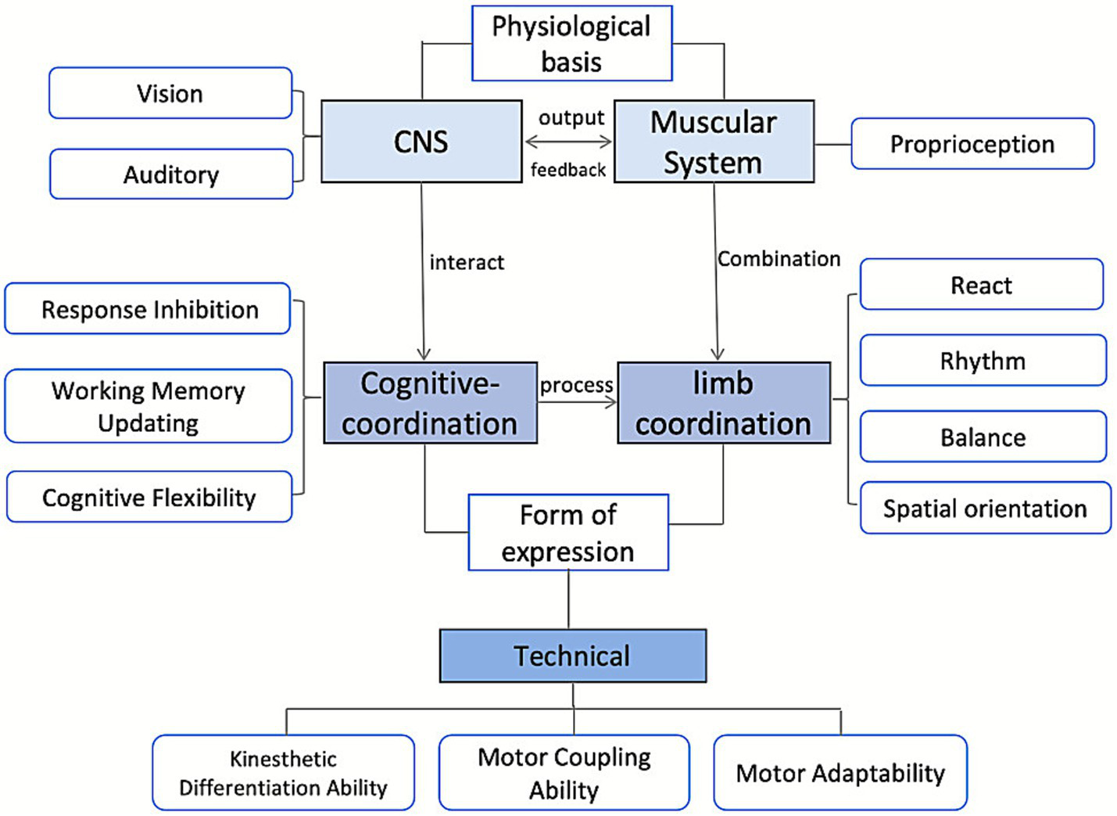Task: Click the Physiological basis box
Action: (571, 44)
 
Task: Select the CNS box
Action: (421, 142)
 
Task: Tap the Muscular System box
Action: (714, 142)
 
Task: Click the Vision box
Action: (170, 93)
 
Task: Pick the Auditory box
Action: (171, 174)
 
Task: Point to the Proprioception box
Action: (972, 144)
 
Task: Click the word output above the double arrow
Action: (571, 118)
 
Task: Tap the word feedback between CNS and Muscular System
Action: (568, 170)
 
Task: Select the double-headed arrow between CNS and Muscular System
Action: (568, 142)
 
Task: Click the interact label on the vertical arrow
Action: (467, 262)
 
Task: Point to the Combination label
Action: (779, 259)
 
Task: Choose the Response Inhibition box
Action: (149, 310)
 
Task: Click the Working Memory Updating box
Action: (149, 406)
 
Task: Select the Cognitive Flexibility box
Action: (149, 498)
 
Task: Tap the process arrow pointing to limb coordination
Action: (577, 402)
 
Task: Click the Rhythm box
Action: (983, 361)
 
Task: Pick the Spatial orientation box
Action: (985, 509)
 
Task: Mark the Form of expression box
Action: (568, 533)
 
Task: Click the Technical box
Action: (572, 656)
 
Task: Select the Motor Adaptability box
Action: (840, 773)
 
